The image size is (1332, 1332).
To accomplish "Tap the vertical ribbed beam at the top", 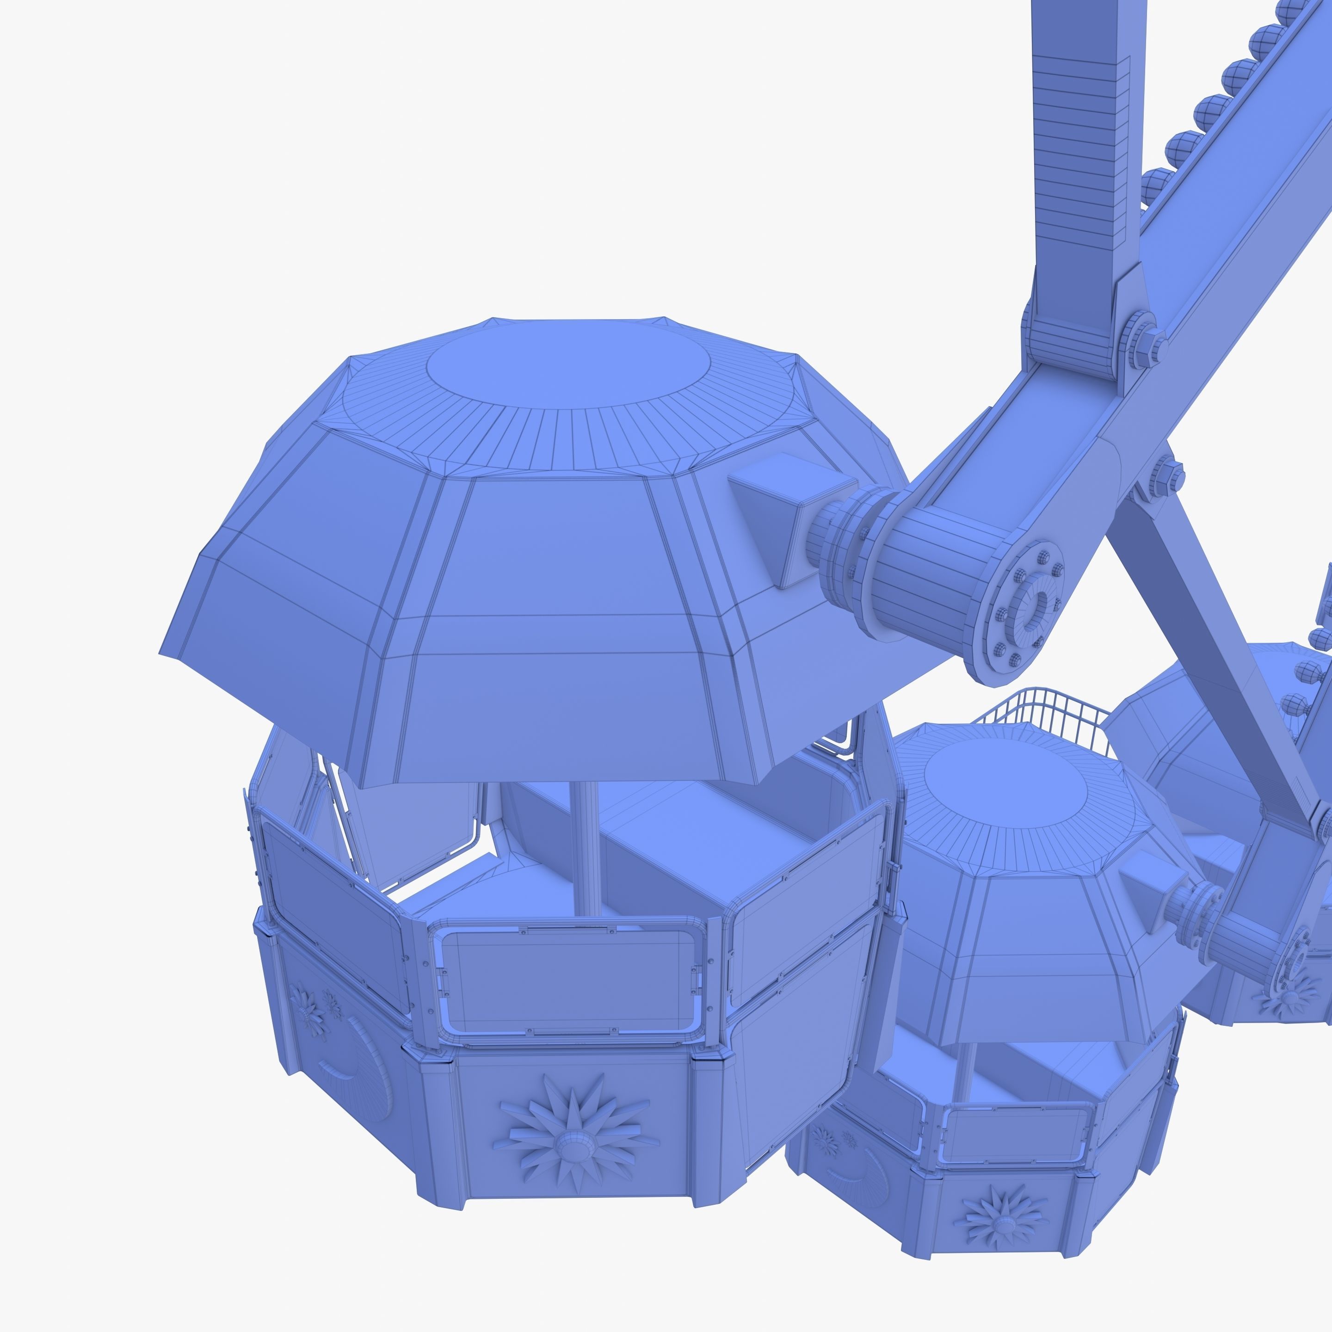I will tap(1075, 159).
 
